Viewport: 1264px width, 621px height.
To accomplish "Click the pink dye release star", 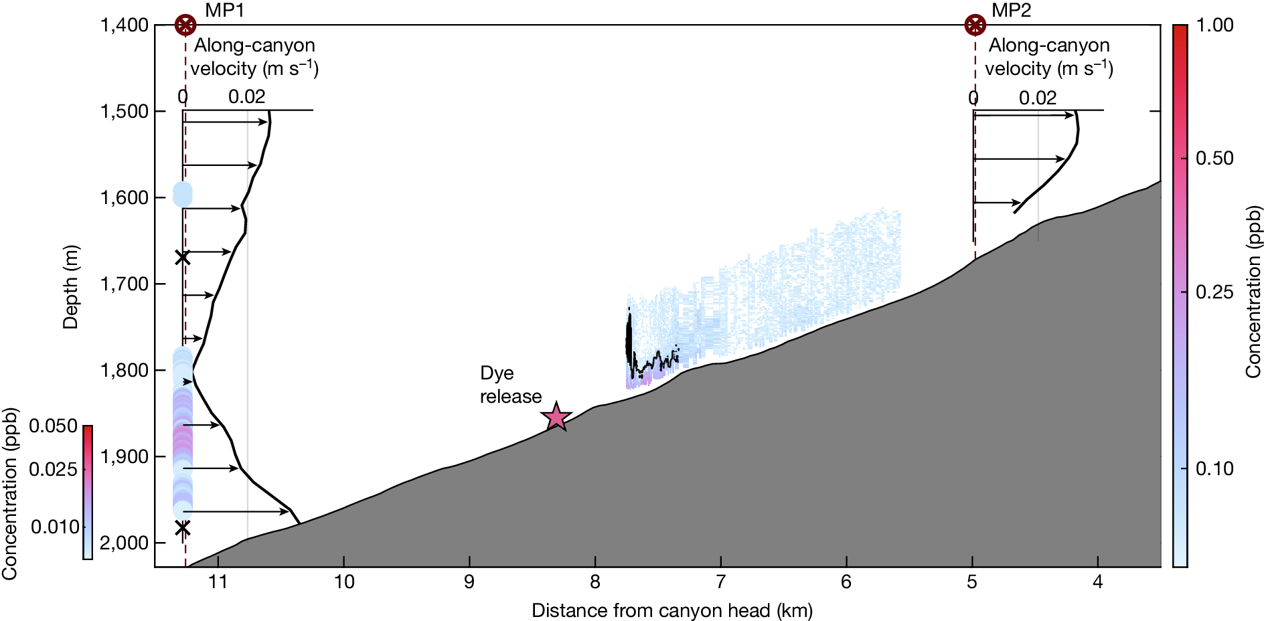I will (556, 418).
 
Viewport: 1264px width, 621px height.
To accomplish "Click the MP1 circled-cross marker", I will (185, 25).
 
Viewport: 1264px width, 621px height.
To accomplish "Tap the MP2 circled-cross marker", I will (975, 25).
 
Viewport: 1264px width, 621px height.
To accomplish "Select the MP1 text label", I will (224, 10).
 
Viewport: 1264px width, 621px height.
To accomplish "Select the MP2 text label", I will (1011, 10).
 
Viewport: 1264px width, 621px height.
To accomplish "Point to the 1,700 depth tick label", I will (124, 284).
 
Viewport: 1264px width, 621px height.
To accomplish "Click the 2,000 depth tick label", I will (124, 543).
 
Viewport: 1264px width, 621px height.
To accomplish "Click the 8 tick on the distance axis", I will (595, 582).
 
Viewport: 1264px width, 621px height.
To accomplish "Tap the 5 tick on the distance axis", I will (971, 582).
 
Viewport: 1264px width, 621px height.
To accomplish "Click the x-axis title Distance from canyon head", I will (671, 610).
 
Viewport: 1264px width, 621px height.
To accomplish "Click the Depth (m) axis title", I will (70, 288).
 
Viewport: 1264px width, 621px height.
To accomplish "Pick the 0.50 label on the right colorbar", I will (1214, 159).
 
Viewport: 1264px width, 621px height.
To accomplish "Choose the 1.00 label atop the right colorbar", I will (1214, 25).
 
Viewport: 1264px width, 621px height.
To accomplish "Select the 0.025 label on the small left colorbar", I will (53, 469).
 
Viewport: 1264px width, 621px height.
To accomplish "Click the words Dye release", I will (510, 385).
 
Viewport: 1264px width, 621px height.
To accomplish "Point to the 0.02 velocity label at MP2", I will (1037, 98).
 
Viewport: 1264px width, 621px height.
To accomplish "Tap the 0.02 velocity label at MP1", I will (246, 97).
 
